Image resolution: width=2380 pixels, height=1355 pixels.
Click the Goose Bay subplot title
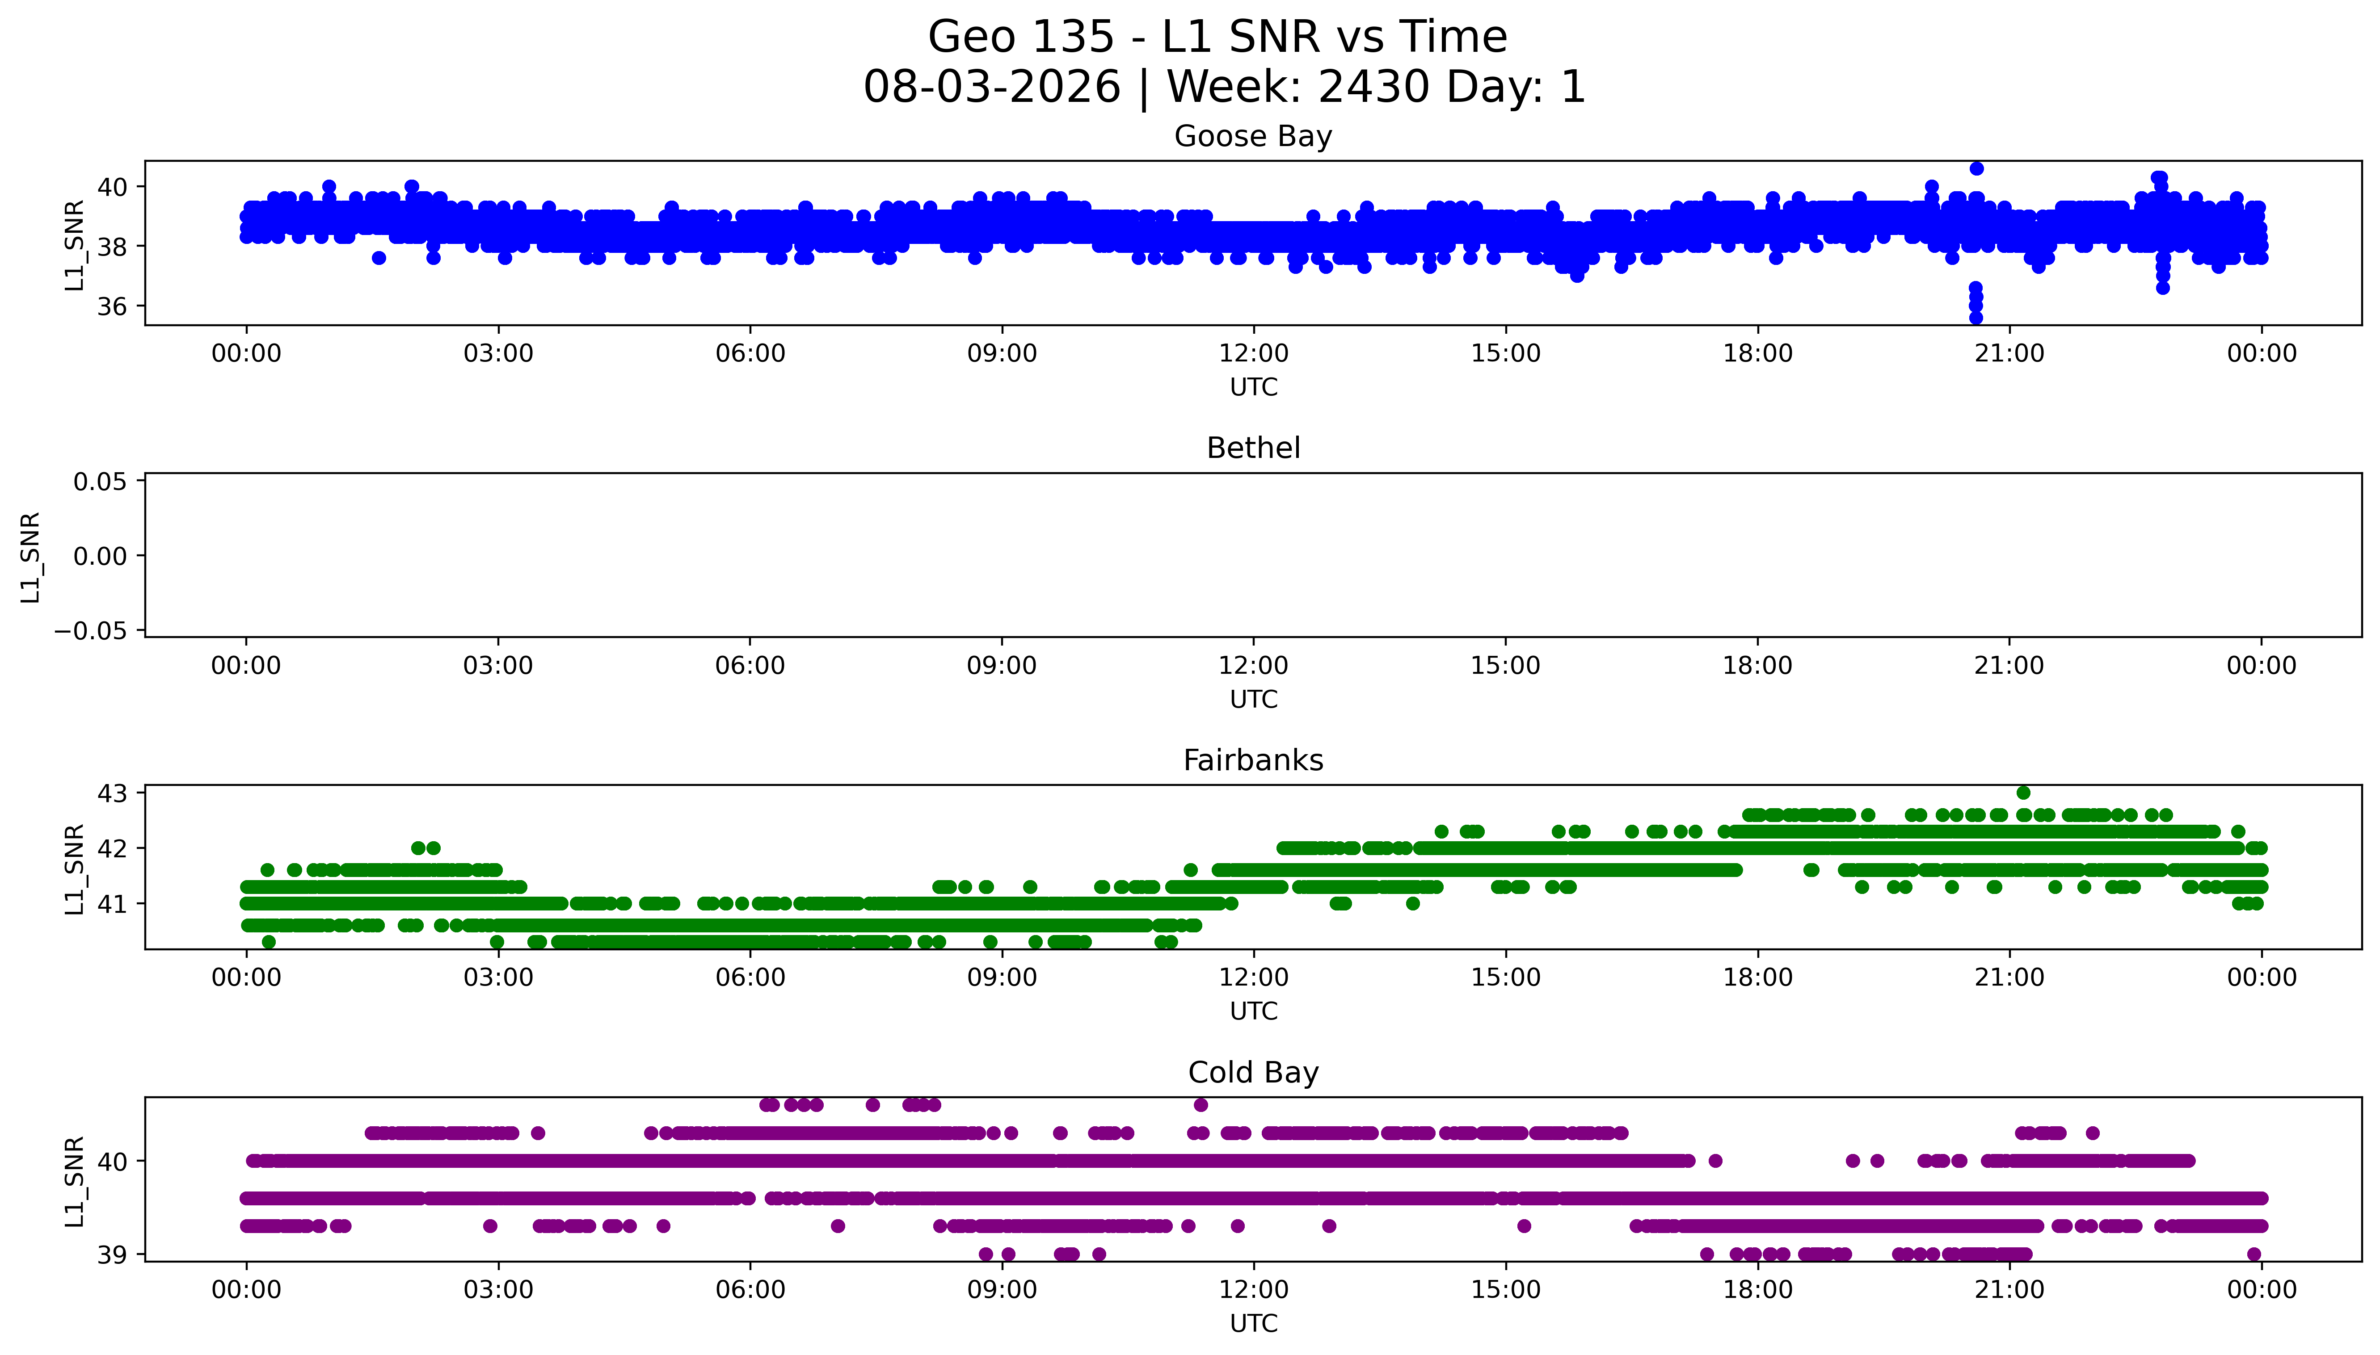pos(1253,137)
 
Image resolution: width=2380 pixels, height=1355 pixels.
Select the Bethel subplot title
pos(1253,449)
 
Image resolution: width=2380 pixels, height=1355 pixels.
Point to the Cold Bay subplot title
pos(1253,1073)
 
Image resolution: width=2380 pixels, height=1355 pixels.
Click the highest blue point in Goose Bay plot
pos(1976,168)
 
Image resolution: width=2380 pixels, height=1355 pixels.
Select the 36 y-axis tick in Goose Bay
pos(113,306)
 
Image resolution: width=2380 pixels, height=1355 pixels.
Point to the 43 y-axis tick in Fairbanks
pos(113,793)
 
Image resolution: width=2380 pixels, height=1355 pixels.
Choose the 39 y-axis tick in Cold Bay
pos(113,1254)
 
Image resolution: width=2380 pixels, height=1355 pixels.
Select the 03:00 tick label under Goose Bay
pos(498,354)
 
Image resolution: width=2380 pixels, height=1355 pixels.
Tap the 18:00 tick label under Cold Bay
pos(1757,1290)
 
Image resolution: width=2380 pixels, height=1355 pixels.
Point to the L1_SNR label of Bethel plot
pos(31,557)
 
